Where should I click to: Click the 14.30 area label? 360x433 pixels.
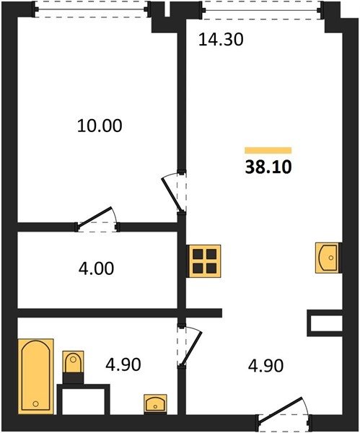click(x=221, y=39)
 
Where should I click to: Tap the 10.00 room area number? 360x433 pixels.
click(x=100, y=126)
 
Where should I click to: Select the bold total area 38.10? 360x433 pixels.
click(x=268, y=167)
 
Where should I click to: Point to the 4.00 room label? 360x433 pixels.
click(x=96, y=268)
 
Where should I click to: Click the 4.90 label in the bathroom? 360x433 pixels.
click(x=123, y=364)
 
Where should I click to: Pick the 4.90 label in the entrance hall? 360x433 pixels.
click(x=265, y=366)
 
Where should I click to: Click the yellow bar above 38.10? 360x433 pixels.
click(x=268, y=150)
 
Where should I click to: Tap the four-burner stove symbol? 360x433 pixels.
click(x=204, y=261)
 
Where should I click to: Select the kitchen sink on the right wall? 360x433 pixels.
click(x=327, y=258)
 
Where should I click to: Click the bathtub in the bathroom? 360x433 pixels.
click(x=35, y=377)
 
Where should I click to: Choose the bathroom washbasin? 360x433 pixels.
click(x=155, y=404)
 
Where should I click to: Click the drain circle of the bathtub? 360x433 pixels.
click(x=35, y=403)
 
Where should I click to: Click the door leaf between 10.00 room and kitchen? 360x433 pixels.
click(x=172, y=196)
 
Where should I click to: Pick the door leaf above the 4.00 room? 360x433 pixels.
click(x=95, y=218)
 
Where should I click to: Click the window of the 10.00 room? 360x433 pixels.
click(x=92, y=9)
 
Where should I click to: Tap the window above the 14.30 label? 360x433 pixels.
click(x=262, y=11)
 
